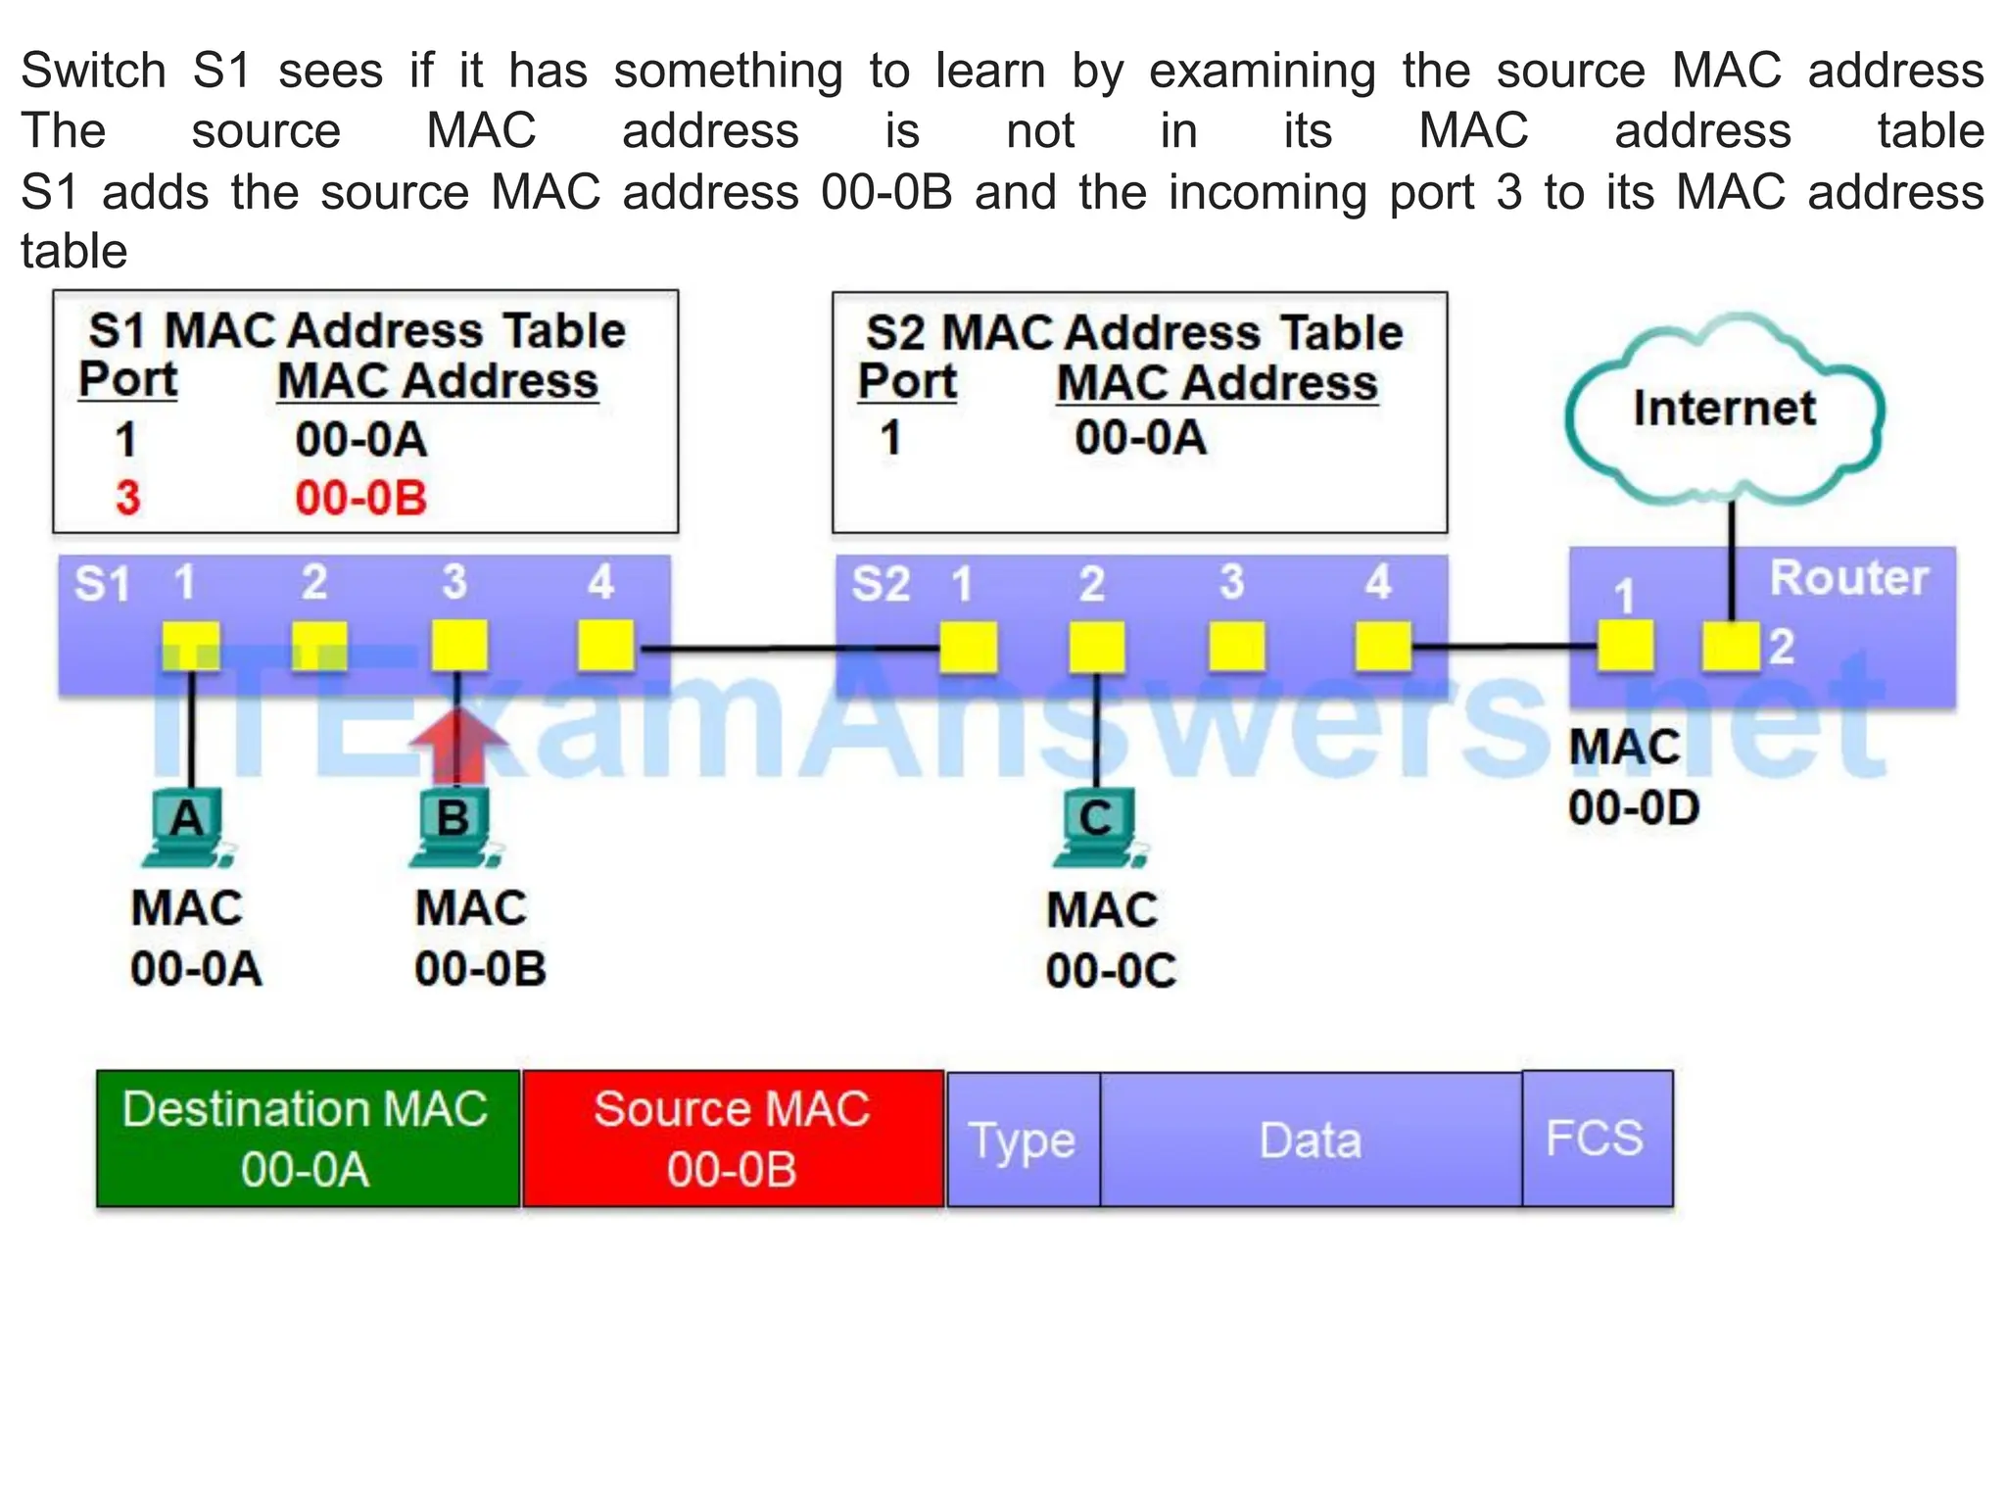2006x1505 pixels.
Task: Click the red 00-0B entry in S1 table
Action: click(360, 498)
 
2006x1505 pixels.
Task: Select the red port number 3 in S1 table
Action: click(127, 498)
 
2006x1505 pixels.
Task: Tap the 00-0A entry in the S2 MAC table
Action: click(1140, 437)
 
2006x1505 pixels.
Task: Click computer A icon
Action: click(187, 828)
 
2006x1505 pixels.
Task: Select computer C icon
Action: click(1097, 829)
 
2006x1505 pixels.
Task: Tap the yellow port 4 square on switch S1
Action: click(605, 647)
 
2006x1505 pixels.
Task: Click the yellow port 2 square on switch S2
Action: click(1096, 648)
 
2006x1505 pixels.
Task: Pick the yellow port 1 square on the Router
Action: click(1626, 647)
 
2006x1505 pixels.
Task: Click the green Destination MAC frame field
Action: click(308, 1139)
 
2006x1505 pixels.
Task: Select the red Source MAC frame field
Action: click(733, 1139)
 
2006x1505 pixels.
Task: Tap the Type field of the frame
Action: click(1023, 1140)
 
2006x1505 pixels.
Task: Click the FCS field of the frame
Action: click(1597, 1139)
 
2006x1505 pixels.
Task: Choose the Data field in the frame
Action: click(1311, 1140)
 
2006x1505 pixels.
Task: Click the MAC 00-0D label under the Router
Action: click(1632, 777)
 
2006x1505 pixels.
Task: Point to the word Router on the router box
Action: click(1848, 578)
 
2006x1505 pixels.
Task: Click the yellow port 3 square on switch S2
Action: click(1236, 648)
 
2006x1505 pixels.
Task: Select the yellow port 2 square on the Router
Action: click(1731, 647)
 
